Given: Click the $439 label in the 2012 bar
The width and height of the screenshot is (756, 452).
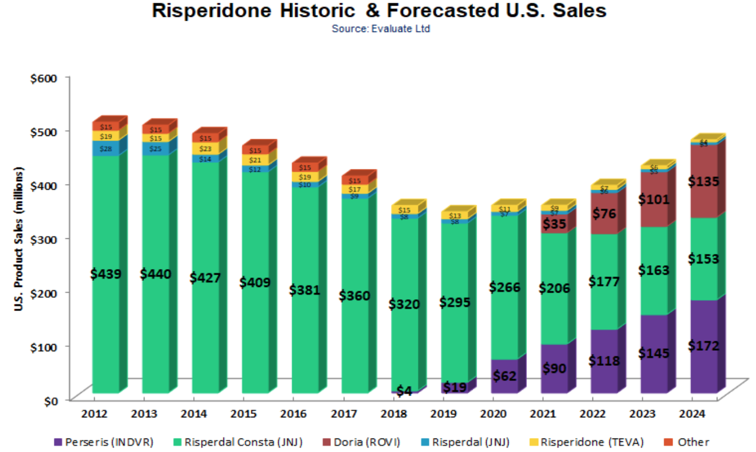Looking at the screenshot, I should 106,274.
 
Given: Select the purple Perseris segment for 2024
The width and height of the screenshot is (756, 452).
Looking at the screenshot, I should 704,347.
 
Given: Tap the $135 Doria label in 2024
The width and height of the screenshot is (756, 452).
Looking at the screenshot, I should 704,181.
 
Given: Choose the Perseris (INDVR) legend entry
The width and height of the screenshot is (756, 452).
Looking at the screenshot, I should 104,442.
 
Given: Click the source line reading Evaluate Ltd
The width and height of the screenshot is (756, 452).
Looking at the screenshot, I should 381,29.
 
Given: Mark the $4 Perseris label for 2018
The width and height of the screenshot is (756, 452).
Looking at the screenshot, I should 404,391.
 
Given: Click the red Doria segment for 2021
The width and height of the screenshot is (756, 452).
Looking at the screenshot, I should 554,223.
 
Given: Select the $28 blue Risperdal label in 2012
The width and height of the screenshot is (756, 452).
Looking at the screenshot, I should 106,148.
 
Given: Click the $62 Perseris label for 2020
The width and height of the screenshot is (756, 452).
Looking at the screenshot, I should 504,375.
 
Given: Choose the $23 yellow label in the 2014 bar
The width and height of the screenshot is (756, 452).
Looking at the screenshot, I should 206,149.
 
